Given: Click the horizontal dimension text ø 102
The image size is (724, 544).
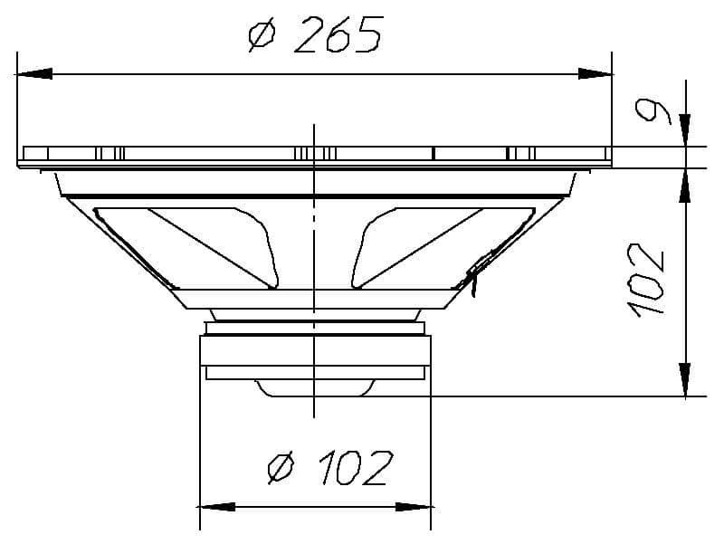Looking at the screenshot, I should click(331, 468).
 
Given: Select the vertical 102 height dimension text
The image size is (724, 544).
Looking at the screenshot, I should click(648, 280).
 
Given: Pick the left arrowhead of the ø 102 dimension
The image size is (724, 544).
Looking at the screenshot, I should click(215, 507).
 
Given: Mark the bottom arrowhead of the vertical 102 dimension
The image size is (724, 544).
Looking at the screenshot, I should click(685, 378).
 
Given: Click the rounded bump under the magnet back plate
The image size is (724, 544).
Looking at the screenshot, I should click(314, 388).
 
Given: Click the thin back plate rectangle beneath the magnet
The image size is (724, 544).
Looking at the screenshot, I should click(314, 372).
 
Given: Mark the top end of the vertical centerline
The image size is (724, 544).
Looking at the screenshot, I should click(314, 125).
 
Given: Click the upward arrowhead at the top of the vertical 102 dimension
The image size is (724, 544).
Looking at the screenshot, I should click(685, 185).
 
